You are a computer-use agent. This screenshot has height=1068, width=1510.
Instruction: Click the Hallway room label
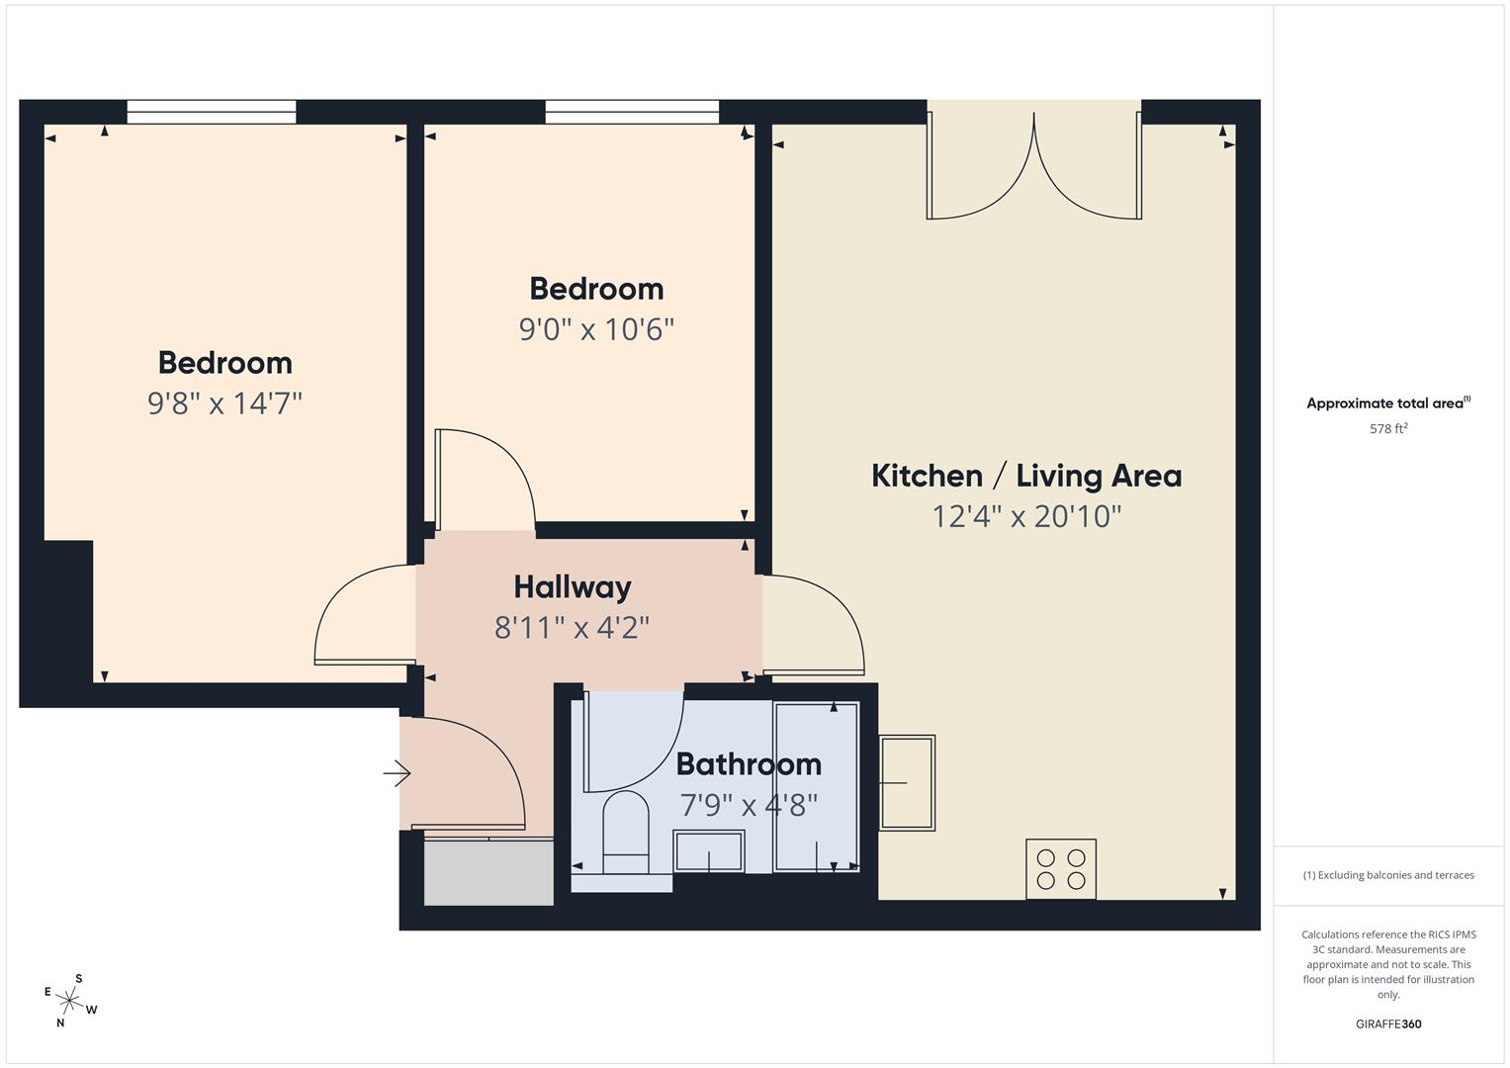coord(573,587)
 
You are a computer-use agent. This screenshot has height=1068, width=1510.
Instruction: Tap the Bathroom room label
coord(749,763)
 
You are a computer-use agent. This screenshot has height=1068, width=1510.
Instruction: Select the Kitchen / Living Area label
coord(1026,476)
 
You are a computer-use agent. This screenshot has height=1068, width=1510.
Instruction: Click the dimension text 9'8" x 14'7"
coord(224,403)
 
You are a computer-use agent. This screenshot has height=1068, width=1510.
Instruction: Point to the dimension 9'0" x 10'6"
coord(596,329)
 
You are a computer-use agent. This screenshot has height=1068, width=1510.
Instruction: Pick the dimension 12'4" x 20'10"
coord(1026,516)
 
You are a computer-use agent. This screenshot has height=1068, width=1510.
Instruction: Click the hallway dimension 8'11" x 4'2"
coord(572,628)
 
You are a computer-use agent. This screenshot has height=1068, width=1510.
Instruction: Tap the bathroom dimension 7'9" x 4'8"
coord(749,804)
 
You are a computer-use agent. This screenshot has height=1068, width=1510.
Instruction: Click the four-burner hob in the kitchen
coord(1060,868)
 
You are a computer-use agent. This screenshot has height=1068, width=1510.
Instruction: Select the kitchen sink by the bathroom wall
coord(907,782)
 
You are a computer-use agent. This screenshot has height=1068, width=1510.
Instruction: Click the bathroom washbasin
coord(708,851)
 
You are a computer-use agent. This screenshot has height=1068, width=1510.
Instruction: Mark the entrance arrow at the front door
coord(398,773)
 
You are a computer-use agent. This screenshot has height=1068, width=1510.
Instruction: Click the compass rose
coord(69,1001)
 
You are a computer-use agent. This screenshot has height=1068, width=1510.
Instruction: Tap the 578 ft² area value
coord(1388,428)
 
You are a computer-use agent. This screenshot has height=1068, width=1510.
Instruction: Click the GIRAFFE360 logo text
coord(1388,1023)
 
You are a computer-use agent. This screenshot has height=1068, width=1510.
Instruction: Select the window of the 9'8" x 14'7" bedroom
coord(211,112)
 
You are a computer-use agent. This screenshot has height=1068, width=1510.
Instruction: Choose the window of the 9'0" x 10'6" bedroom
coord(632,112)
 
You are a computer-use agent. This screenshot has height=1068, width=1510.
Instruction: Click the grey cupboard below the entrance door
coord(489,872)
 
